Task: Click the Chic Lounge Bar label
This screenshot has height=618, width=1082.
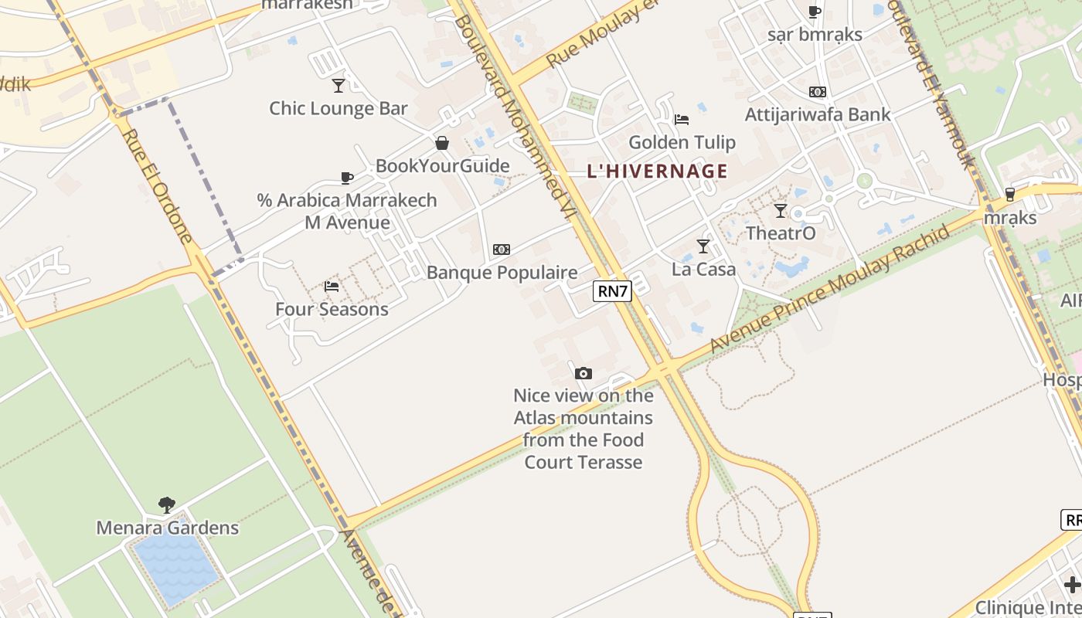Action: click(338, 108)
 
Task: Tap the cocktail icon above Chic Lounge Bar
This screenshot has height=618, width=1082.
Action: click(338, 85)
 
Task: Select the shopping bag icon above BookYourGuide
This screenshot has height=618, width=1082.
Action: click(442, 143)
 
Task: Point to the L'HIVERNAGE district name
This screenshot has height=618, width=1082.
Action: click(657, 171)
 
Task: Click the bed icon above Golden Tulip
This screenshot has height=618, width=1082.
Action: click(681, 119)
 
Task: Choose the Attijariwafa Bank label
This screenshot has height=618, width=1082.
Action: click(817, 114)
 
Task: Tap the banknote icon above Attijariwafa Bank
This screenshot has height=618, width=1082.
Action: click(817, 92)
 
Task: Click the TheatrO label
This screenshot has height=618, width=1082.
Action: click(781, 233)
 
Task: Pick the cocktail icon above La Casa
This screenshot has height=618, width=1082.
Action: click(703, 246)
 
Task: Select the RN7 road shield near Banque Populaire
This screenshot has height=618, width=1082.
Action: click(612, 291)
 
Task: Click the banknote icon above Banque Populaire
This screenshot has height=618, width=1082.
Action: click(502, 250)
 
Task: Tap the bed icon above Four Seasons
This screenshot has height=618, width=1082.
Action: click(332, 286)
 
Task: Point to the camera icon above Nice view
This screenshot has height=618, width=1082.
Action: click(584, 374)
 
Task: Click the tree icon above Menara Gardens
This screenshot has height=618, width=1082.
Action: click(166, 505)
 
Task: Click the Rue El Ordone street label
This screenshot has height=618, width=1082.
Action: click(156, 185)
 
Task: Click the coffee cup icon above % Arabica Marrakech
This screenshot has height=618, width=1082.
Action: click(347, 178)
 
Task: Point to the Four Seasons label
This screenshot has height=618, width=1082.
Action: click(332, 309)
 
